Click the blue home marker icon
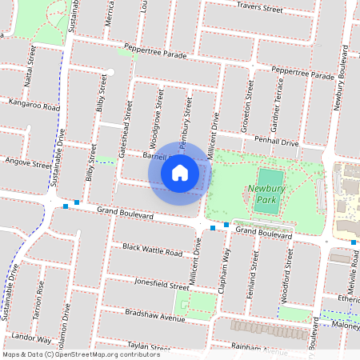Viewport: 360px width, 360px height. [x=180, y=172]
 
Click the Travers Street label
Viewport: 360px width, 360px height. [x=260, y=9]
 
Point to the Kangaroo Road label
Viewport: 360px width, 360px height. [x=34, y=105]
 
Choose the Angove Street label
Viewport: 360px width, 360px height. [x=27, y=164]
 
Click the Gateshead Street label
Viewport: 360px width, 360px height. [x=126, y=126]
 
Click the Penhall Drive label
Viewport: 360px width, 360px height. [x=276, y=142]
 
